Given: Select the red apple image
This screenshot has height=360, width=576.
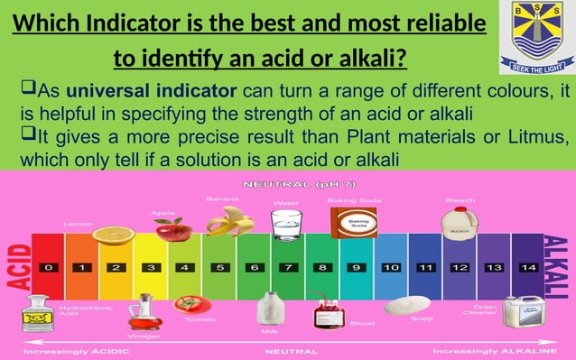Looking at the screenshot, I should (x=172, y=228).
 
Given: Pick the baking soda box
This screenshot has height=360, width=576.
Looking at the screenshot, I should (x=348, y=221).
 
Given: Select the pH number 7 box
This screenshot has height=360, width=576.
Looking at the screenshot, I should (x=287, y=268).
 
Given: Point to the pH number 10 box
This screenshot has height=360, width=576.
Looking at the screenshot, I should (x=391, y=268).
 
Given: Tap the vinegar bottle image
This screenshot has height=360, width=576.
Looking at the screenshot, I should (x=142, y=312).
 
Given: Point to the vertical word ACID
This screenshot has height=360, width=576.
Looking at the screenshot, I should (x=16, y=266).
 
